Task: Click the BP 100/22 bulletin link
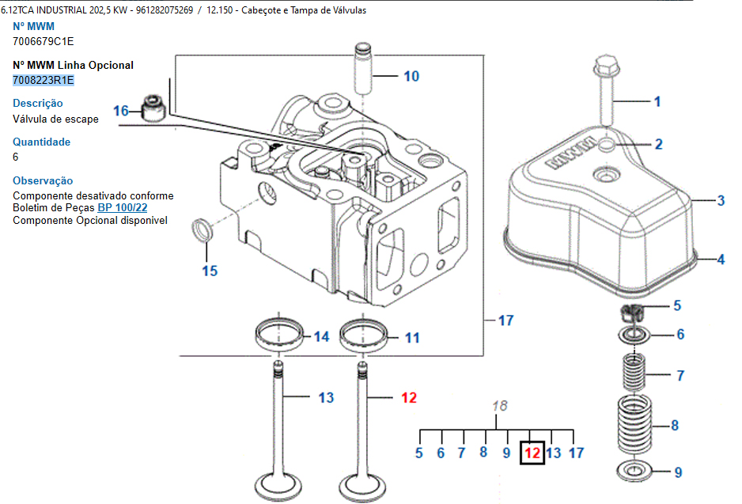[x=123, y=208]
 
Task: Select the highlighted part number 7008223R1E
[x=44, y=80]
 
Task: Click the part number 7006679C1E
[x=44, y=40]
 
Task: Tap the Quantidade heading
[x=41, y=142]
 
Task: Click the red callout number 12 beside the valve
[x=408, y=398]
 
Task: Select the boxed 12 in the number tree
[x=532, y=453]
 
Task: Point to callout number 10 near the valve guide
[x=411, y=77]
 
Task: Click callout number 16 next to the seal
[x=120, y=112]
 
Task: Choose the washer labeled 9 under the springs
[x=634, y=472]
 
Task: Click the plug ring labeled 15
[x=203, y=232]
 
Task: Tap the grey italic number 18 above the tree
[x=500, y=406]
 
